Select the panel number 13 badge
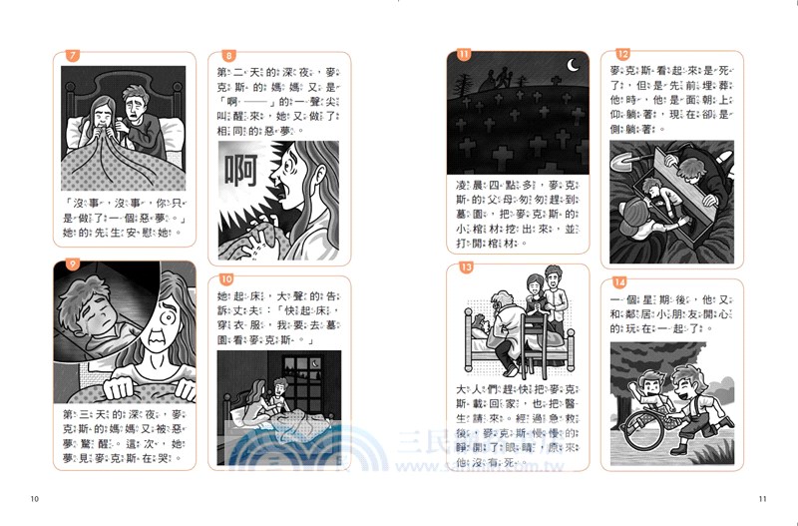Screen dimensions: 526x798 (x=464, y=266)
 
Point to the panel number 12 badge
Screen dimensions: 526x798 (x=622, y=55)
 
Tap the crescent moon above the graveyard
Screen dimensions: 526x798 (x=573, y=66)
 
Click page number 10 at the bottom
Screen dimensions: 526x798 (x=35, y=499)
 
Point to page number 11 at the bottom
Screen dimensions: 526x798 (x=762, y=499)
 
